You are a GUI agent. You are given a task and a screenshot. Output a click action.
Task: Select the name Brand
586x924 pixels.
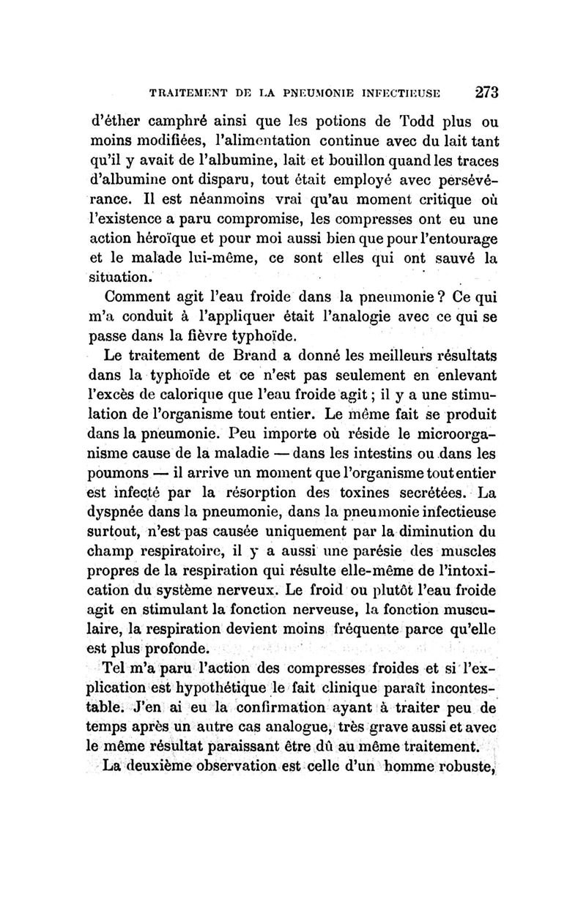276,356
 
